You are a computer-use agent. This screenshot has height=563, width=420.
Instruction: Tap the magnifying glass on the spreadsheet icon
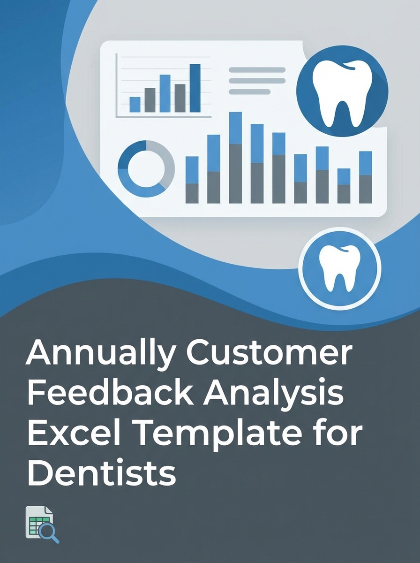click(x=49, y=532)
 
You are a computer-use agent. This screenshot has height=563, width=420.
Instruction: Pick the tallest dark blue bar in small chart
click(x=195, y=88)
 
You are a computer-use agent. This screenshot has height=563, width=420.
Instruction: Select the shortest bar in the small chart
click(x=135, y=104)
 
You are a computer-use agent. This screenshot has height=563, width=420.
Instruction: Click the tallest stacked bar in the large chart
click(x=235, y=158)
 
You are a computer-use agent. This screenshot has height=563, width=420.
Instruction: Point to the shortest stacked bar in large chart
click(x=344, y=186)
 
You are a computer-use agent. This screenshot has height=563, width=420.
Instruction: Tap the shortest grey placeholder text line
click(x=249, y=91)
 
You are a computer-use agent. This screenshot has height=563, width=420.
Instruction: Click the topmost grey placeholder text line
click(x=257, y=70)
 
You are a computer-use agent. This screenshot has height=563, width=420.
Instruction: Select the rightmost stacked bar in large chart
click(x=365, y=177)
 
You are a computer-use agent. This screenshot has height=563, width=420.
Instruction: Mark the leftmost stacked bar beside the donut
click(x=192, y=180)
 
